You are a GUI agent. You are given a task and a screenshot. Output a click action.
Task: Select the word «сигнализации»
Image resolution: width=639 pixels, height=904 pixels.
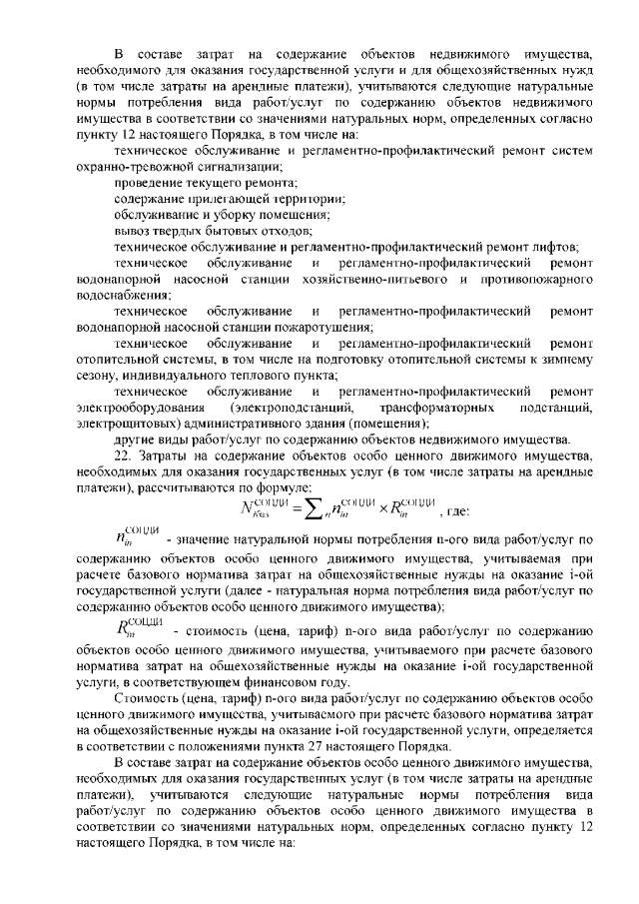240,165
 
